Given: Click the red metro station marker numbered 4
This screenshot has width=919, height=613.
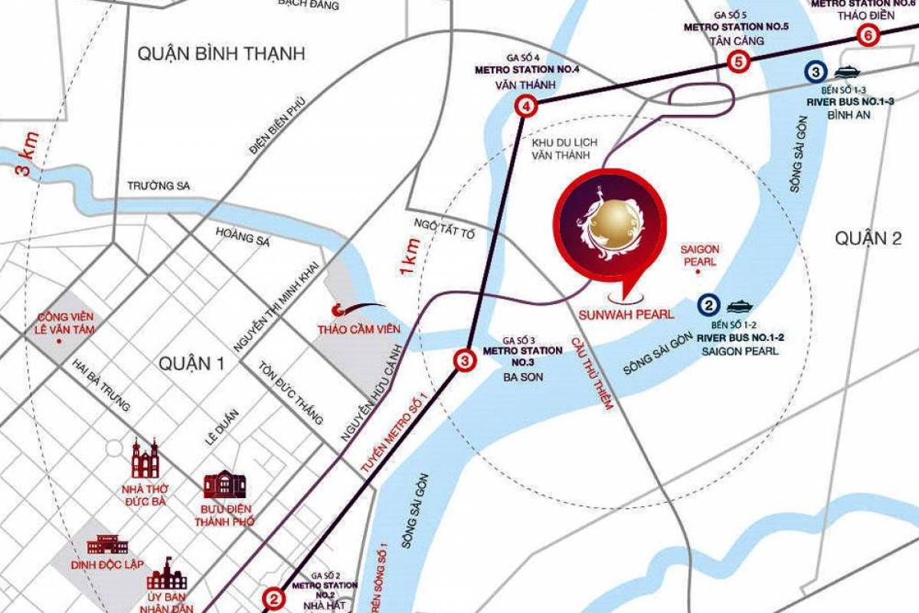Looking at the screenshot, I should tap(525, 107).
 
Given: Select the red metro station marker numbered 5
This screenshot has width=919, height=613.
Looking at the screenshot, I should tap(737, 61).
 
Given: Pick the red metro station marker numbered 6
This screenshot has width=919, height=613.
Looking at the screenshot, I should tap(867, 34).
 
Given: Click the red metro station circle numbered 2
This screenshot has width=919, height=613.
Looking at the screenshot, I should tap(273, 598).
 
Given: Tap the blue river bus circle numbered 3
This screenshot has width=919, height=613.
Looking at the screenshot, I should tap(816, 72).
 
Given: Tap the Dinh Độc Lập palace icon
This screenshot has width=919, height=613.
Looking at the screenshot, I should tap(107, 544).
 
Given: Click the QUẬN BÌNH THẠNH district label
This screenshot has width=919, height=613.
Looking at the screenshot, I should tap(221, 54).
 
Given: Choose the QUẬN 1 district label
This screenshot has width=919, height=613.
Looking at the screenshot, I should tap(191, 365).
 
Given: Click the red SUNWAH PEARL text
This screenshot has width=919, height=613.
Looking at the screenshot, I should tap(626, 313).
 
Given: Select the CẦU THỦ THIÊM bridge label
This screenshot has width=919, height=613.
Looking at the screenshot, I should tap(590, 372).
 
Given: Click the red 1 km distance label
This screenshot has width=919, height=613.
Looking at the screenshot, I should tap(410, 257).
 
